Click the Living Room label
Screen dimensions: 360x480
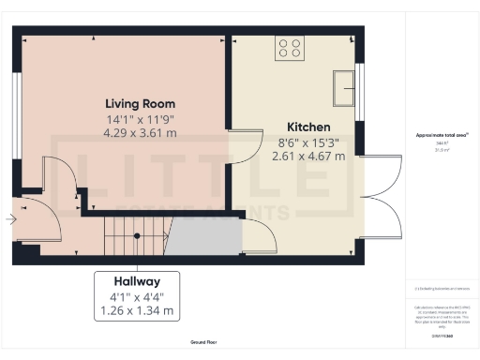(141, 103)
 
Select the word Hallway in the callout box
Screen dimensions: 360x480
(137, 280)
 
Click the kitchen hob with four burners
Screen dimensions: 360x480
(289, 49)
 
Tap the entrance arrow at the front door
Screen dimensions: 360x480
(9, 220)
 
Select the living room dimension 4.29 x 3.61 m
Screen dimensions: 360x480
(141, 133)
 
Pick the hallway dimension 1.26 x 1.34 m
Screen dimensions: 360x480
(137, 310)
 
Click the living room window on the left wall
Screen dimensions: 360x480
(17, 116)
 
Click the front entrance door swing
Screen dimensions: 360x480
(42, 220)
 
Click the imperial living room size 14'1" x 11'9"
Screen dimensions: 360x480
(141, 118)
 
